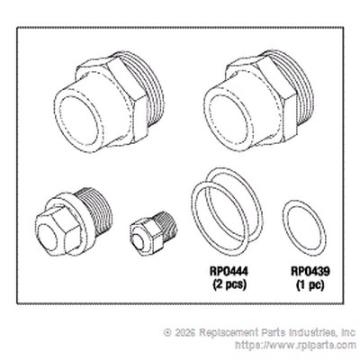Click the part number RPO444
coord(229,272)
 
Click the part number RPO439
coord(310,272)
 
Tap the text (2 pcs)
coord(229,284)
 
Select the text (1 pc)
coord(310,284)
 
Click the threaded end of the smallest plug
coord(167,224)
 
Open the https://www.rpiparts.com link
coord(296,345)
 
